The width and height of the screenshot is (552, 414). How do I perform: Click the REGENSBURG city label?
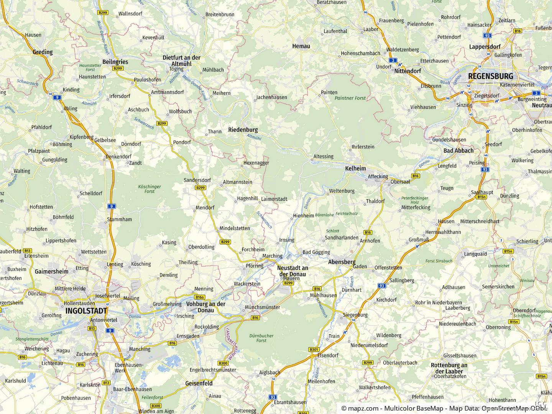490,76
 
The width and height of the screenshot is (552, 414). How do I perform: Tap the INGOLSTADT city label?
86,310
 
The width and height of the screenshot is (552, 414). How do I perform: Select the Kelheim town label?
355,168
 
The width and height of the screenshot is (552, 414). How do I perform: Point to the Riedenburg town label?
243,130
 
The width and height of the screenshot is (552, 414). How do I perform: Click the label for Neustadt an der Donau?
293,271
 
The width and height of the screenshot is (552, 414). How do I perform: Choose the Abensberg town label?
342,262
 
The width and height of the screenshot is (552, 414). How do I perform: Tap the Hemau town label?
301,46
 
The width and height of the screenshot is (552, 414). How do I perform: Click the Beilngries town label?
115,62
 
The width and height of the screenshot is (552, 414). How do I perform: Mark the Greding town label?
43,52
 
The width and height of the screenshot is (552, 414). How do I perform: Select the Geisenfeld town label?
199,383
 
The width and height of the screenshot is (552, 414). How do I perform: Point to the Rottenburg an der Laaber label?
449,368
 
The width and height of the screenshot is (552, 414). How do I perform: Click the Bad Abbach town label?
458,151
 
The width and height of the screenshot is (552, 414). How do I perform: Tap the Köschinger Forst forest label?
149,189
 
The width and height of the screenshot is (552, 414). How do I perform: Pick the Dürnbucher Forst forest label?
261,338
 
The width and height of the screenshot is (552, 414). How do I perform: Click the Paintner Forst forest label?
350,98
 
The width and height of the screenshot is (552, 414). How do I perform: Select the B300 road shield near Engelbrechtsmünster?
223,363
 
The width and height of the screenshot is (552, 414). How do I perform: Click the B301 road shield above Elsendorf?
314,349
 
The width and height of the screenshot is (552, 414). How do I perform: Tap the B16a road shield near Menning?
200,297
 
